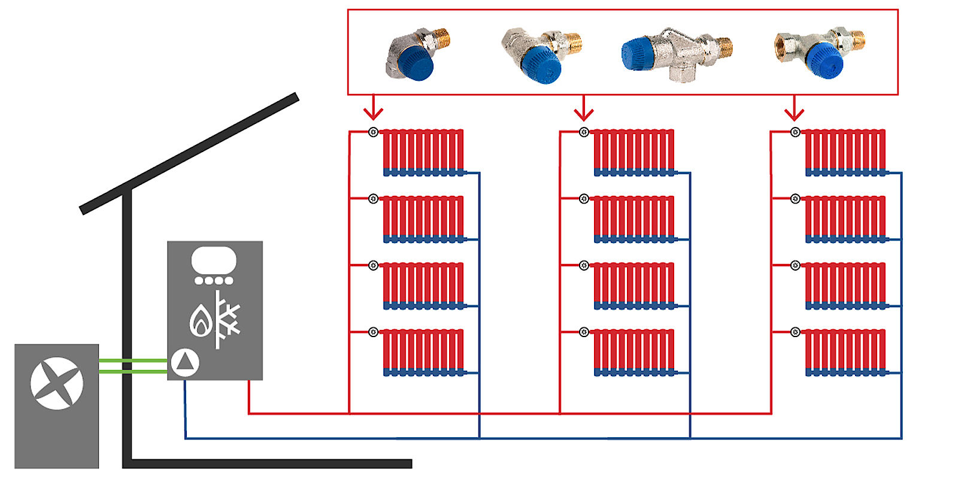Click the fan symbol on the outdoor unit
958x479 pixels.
click(x=57, y=383)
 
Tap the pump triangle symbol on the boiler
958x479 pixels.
click(x=185, y=362)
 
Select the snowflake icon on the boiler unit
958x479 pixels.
click(x=227, y=319)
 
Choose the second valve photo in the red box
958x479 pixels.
click(x=541, y=55)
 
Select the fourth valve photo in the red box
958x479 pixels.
click(x=820, y=53)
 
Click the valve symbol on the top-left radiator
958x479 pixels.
click(x=373, y=132)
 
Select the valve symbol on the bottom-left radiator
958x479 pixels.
click(x=373, y=332)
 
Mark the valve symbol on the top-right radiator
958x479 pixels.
click(x=795, y=132)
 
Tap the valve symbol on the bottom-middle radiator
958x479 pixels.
click(x=584, y=332)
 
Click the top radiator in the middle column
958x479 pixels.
click(x=634, y=153)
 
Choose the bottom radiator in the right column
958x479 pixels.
click(x=845, y=352)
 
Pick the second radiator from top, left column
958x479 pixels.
click(x=423, y=219)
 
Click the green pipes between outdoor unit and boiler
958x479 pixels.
click(x=133, y=366)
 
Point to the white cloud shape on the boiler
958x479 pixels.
click(x=214, y=260)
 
